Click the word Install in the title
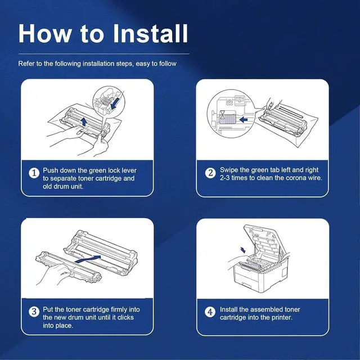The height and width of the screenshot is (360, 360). click(151, 34)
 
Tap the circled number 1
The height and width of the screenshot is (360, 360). click(34, 173)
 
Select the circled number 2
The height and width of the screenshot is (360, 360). click(210, 173)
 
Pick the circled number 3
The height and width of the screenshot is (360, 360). click(34, 312)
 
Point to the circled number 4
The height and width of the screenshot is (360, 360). click(210, 312)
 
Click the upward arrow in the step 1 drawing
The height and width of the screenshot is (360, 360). click(84, 121)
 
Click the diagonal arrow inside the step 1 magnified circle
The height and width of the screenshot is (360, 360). click(115, 102)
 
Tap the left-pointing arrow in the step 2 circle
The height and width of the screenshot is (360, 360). click(244, 119)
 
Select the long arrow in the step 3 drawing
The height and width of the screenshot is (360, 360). click(88, 259)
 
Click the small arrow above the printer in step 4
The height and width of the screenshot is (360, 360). click(242, 250)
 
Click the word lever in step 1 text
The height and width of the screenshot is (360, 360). click(129, 170)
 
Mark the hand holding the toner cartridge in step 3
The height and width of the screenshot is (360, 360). click(55, 275)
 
